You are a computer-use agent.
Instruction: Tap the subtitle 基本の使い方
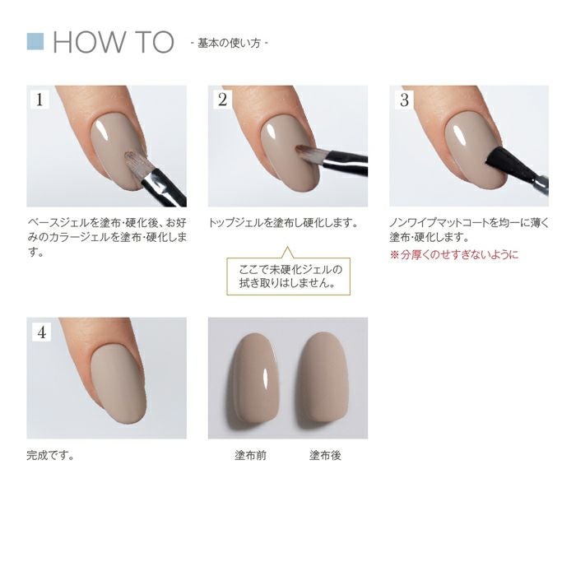tap(229, 43)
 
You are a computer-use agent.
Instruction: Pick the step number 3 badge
tap(404, 100)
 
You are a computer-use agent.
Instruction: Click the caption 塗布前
tap(250, 455)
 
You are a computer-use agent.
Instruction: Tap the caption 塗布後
tap(325, 455)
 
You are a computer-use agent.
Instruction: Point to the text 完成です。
tap(51, 455)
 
